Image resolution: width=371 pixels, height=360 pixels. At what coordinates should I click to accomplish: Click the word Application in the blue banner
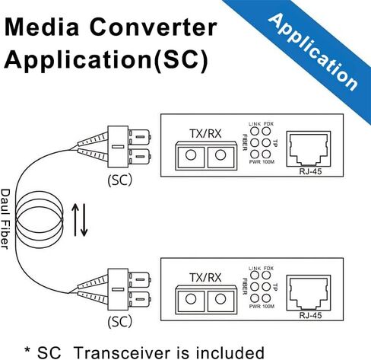tap(313, 52)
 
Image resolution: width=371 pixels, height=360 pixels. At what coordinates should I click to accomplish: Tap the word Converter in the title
tap(153, 27)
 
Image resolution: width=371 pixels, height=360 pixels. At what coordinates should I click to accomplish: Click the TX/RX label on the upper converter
tap(205, 134)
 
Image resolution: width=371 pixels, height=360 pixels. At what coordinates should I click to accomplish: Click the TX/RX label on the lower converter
tap(205, 278)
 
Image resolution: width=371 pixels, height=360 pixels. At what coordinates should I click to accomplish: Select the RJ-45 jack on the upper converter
tap(309, 149)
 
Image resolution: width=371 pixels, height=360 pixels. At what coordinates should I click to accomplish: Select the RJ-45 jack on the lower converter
tap(309, 293)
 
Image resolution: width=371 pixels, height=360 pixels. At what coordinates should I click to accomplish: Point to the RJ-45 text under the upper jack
tap(310, 171)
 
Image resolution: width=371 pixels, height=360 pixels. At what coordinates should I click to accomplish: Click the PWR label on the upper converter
tap(255, 162)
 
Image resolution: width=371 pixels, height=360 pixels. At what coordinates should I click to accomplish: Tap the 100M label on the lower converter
tap(268, 306)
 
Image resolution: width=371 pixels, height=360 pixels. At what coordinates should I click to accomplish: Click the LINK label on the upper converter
tap(255, 124)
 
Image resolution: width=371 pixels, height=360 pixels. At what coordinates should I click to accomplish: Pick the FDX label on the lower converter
tap(268, 268)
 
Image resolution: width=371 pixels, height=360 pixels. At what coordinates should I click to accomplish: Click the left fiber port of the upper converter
tap(191, 155)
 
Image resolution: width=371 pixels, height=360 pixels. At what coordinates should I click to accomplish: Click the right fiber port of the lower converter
tap(220, 299)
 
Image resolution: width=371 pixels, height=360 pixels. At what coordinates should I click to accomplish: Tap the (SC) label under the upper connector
tap(120, 180)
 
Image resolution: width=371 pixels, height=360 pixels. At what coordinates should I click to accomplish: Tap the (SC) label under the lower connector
tap(120, 321)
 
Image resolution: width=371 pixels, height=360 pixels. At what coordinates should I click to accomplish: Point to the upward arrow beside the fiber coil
tap(75, 220)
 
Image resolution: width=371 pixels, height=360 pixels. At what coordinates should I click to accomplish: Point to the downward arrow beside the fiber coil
tap(84, 220)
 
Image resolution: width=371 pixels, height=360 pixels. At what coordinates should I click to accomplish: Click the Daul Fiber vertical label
tap(5, 219)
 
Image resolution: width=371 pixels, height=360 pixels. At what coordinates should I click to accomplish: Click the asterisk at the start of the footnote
tap(27, 349)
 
